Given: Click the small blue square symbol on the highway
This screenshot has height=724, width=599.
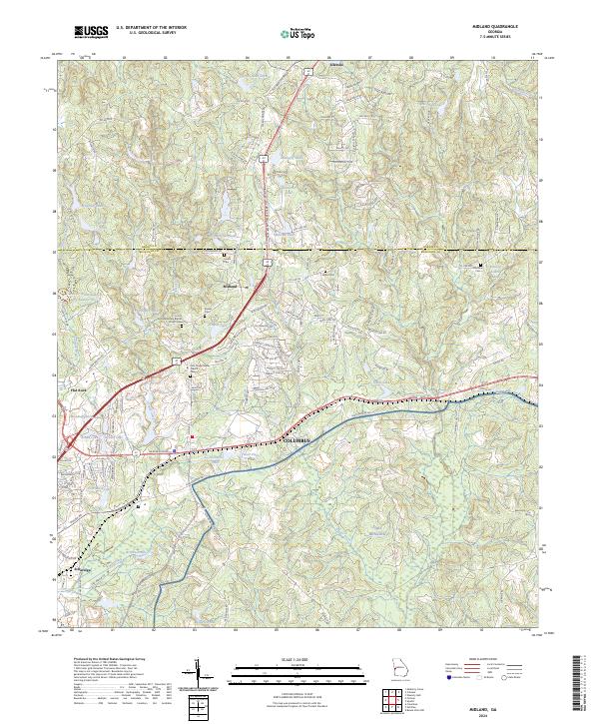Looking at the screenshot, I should click(175, 449).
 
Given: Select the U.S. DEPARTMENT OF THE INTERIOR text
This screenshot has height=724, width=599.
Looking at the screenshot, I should click(152, 28).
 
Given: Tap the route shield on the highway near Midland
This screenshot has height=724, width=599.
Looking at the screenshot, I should click(267, 262).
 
